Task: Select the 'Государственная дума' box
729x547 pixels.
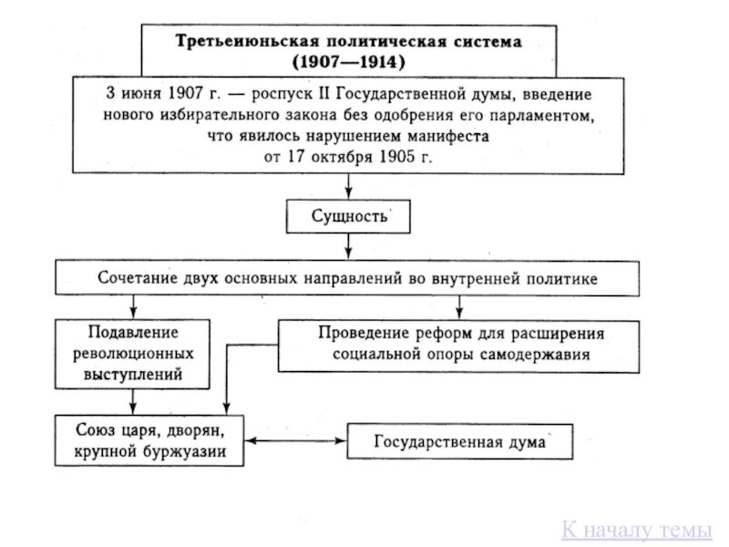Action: pyautogui.click(x=459, y=443)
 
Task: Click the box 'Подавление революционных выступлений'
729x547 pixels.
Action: pyautogui.click(x=133, y=351)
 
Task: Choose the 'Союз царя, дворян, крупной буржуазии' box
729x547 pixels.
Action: pyautogui.click(x=149, y=440)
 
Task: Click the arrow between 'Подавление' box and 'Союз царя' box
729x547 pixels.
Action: pyautogui.click(x=134, y=399)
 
